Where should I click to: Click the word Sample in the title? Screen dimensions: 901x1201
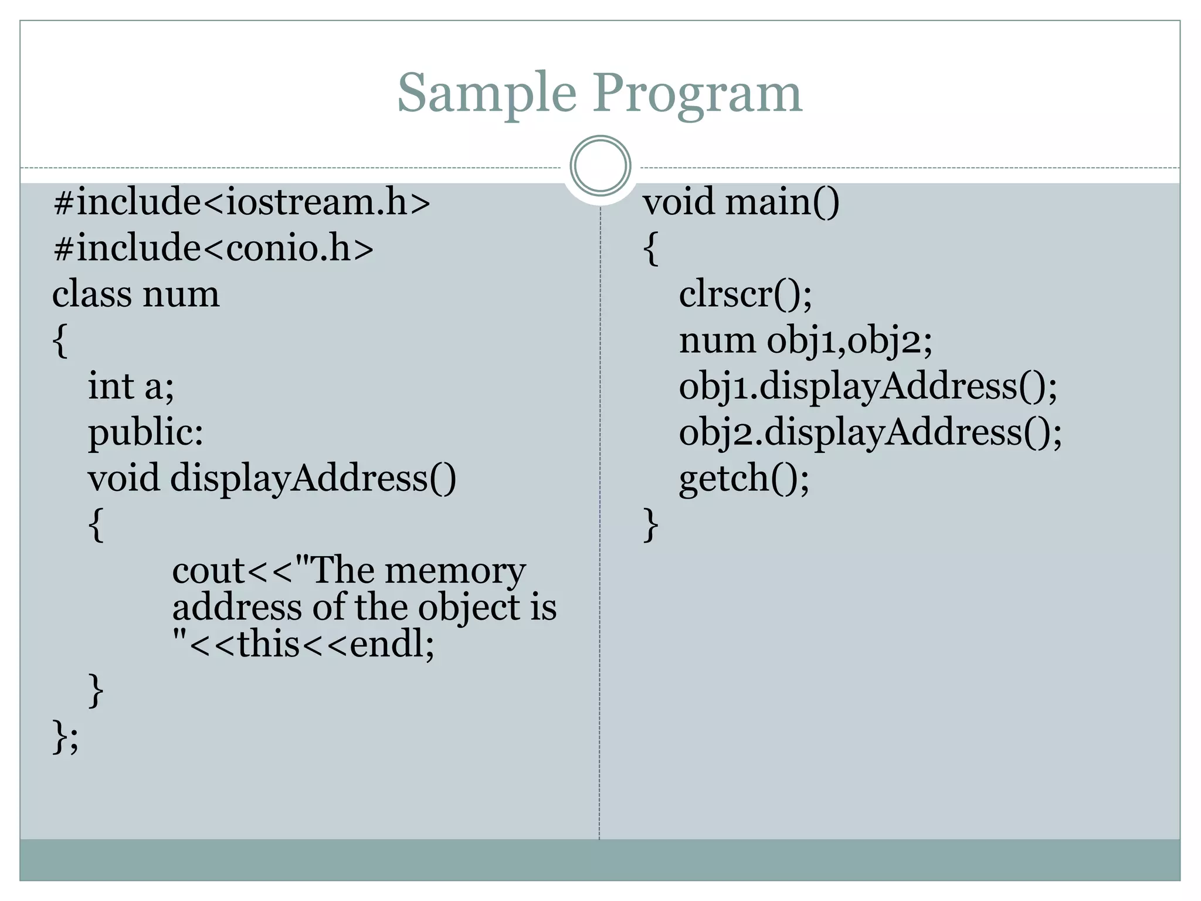[487, 94]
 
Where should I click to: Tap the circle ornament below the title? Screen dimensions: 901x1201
[600, 166]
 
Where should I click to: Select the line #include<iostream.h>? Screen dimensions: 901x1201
[242, 202]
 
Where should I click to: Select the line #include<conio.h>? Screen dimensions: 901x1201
[213, 248]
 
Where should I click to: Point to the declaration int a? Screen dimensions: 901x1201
[131, 387]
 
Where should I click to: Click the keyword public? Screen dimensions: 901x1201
[145, 433]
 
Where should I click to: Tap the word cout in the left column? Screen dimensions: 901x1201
[208, 571]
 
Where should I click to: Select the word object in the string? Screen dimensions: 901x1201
[470, 608]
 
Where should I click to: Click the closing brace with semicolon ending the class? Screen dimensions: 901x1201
[65, 737]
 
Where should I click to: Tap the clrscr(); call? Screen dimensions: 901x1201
[745, 294]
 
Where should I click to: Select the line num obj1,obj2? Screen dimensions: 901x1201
[805, 341]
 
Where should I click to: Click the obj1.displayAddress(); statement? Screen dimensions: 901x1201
[868, 387]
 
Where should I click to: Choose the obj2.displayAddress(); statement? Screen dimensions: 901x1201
[870, 433]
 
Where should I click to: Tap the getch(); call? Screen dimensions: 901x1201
[744, 479]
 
